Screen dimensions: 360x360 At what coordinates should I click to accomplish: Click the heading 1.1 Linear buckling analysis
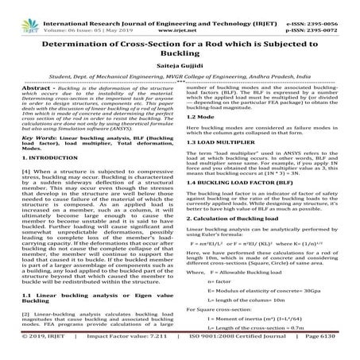(79, 300)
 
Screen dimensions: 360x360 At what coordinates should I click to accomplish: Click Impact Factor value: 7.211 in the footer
(130, 349)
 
